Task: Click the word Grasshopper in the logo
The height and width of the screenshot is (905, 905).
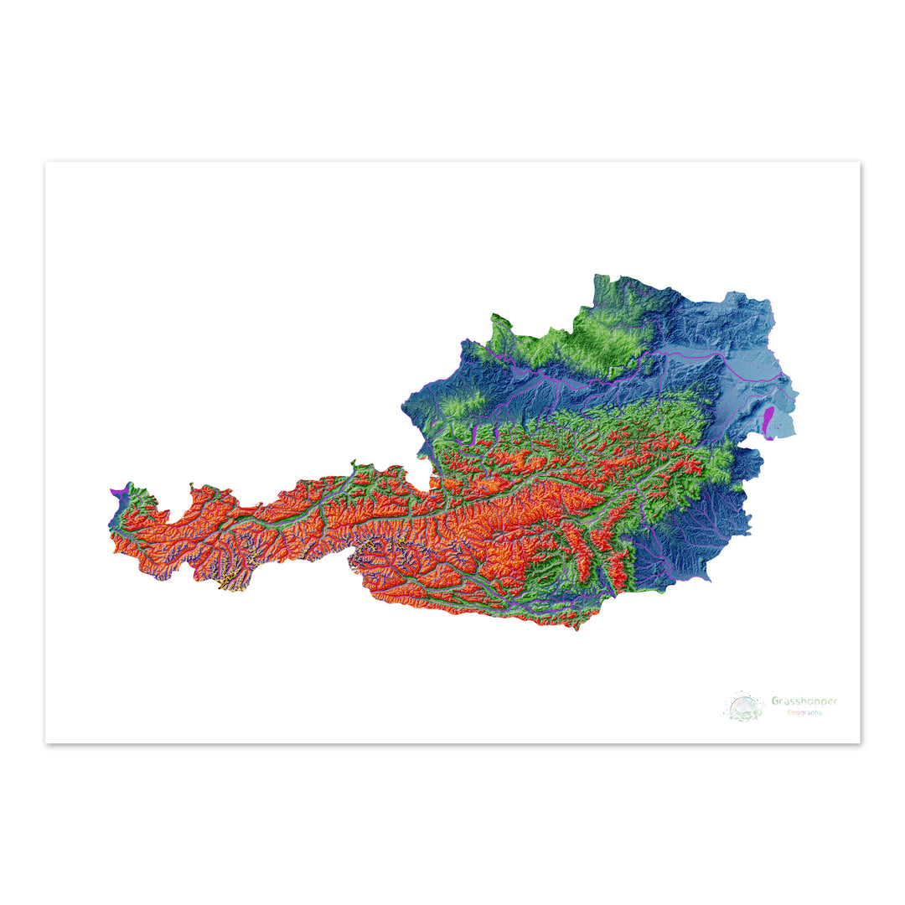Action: (x=804, y=701)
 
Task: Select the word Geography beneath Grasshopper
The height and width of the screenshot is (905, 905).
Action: (x=804, y=713)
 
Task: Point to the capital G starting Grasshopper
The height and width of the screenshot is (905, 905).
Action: (x=775, y=701)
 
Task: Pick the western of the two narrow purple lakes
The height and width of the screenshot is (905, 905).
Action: (x=474, y=434)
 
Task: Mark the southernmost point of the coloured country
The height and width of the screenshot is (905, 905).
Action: (x=577, y=629)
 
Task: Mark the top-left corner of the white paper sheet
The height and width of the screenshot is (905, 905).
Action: (x=45, y=162)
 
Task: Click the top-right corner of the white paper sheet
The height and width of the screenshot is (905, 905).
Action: (x=860, y=162)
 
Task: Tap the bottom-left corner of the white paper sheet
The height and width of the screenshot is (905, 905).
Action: (x=45, y=742)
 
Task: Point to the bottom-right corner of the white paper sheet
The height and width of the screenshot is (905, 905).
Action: (x=860, y=742)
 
